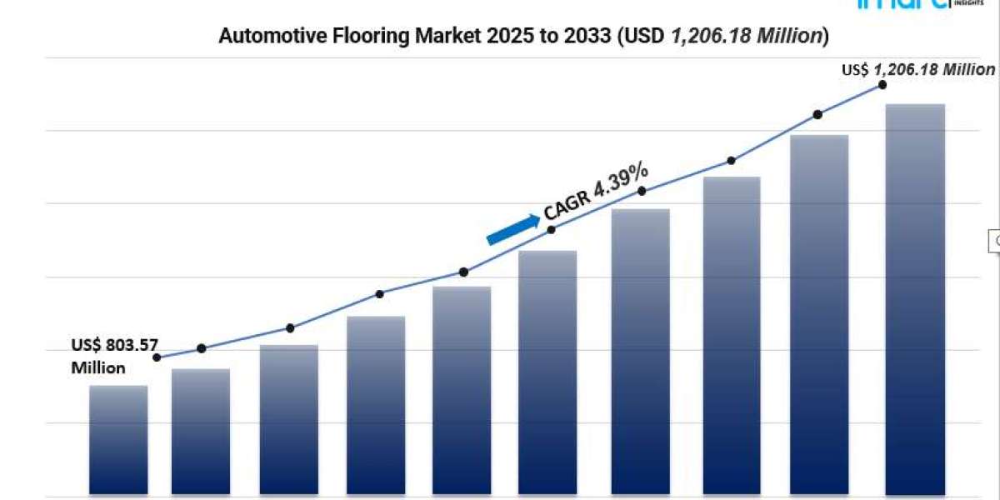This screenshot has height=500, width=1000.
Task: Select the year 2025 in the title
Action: click(x=470, y=36)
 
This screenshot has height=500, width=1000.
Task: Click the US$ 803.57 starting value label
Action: click(x=114, y=345)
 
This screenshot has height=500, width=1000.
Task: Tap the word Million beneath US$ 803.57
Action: click(x=98, y=367)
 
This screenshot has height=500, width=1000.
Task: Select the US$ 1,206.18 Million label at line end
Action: click(x=917, y=71)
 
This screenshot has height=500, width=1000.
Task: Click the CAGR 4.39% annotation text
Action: click(x=596, y=192)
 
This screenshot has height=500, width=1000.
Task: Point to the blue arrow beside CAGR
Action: click(x=512, y=229)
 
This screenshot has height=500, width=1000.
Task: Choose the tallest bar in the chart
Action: click(x=915, y=300)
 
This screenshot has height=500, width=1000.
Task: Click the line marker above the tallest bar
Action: click(x=882, y=85)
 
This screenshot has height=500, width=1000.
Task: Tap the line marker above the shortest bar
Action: click(x=157, y=357)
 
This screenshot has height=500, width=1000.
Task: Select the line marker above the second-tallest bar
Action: click(x=817, y=114)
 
